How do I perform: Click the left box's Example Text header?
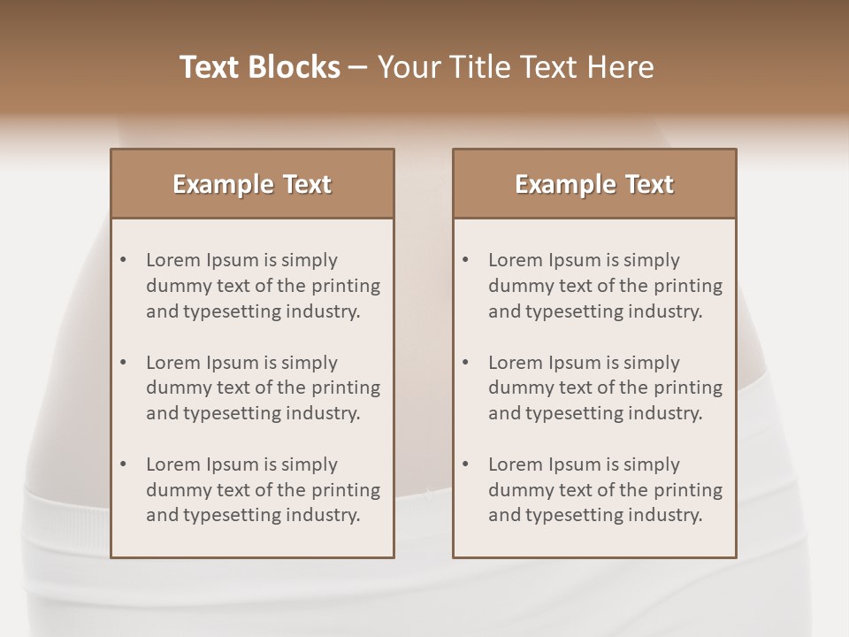click(x=252, y=184)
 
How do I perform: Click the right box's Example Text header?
click(x=594, y=184)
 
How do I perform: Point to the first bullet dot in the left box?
click(x=124, y=260)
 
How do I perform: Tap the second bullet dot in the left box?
click(x=124, y=363)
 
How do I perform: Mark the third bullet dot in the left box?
click(x=124, y=464)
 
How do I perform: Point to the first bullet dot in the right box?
click(x=466, y=260)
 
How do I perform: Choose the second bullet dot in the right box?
click(x=466, y=363)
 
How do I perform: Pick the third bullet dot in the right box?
click(x=466, y=464)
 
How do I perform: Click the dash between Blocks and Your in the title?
click(x=358, y=67)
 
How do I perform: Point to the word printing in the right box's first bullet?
click(x=686, y=286)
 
